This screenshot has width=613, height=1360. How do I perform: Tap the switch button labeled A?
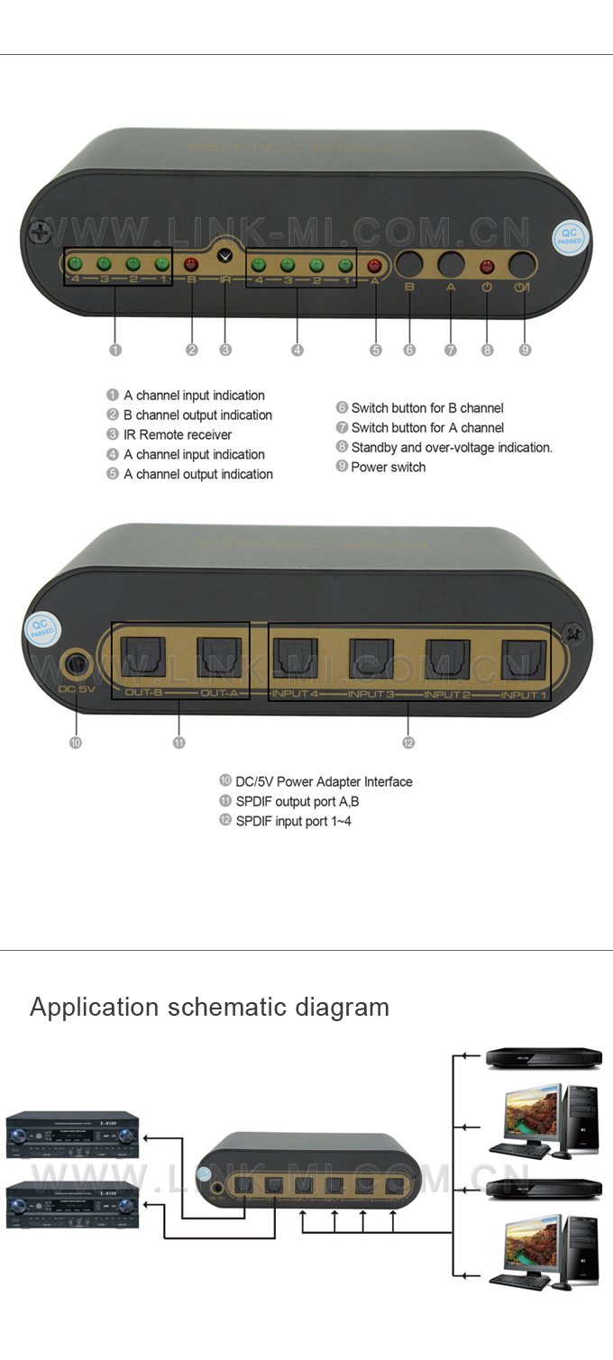(451, 264)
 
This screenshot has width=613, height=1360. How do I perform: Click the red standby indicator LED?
(487, 266)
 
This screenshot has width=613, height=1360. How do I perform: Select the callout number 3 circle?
(226, 350)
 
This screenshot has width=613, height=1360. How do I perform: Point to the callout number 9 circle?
(526, 350)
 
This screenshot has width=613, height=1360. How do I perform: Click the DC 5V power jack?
(76, 667)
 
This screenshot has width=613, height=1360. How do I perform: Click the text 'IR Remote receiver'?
(178, 434)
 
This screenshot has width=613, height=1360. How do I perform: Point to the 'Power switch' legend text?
(388, 467)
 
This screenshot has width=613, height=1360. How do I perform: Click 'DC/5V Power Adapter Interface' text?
(324, 781)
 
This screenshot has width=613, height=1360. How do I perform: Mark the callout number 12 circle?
(408, 743)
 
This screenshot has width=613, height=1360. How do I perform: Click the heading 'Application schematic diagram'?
(210, 1007)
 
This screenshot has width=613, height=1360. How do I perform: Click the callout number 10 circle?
(76, 743)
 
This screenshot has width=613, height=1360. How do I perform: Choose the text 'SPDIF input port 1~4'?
(293, 821)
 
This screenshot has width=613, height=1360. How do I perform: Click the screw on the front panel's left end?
(40, 233)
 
